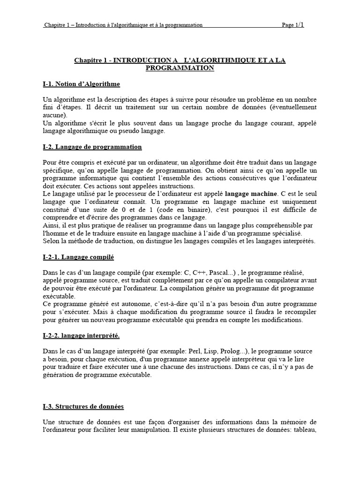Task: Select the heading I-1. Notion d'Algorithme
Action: (81, 84)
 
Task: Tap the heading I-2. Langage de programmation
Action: (92, 147)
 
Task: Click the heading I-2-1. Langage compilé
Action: (78, 257)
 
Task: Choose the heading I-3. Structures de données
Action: (83, 406)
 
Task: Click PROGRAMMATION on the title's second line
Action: (180, 68)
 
